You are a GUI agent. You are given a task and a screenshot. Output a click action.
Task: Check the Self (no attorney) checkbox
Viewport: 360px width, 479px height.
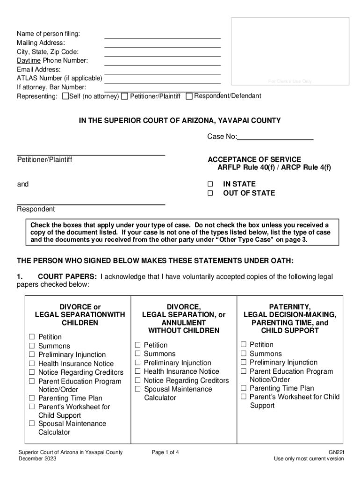(x=65, y=96)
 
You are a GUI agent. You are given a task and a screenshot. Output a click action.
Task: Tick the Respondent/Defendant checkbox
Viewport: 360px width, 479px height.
(x=189, y=96)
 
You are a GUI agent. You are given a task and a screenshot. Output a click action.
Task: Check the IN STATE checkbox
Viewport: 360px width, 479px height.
(x=210, y=184)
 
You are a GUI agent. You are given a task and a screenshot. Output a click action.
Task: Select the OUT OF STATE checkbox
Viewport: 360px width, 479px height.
(x=210, y=193)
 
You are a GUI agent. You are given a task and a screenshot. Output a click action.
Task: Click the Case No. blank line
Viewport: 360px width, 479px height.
(x=275, y=139)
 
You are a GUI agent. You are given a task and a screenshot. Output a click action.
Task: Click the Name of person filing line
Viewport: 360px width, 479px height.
(x=162, y=37)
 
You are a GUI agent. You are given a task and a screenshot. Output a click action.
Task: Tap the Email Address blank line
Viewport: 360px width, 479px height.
(x=162, y=73)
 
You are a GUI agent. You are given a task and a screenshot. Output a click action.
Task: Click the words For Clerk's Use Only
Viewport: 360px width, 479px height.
(x=290, y=81)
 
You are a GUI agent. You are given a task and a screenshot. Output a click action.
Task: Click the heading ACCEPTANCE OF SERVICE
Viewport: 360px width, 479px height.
(x=254, y=160)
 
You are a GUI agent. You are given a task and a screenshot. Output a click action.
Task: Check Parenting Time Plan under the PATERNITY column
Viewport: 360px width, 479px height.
(x=244, y=388)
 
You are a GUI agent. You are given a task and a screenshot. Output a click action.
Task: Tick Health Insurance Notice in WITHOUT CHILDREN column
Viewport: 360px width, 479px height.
(x=138, y=371)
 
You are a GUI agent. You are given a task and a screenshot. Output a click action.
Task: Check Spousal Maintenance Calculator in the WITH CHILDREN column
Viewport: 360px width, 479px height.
(x=32, y=424)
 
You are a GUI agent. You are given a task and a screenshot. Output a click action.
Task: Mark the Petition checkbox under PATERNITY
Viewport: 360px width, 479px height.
(x=244, y=345)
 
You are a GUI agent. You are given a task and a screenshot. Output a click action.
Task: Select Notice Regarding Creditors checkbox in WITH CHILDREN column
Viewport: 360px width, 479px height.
(x=32, y=372)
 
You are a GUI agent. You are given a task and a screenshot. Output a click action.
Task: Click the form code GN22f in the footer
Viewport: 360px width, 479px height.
(x=336, y=452)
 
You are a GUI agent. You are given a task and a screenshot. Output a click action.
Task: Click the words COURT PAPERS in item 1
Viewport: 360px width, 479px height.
(x=67, y=276)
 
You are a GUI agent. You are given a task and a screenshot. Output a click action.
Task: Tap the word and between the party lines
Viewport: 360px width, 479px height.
(x=23, y=184)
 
